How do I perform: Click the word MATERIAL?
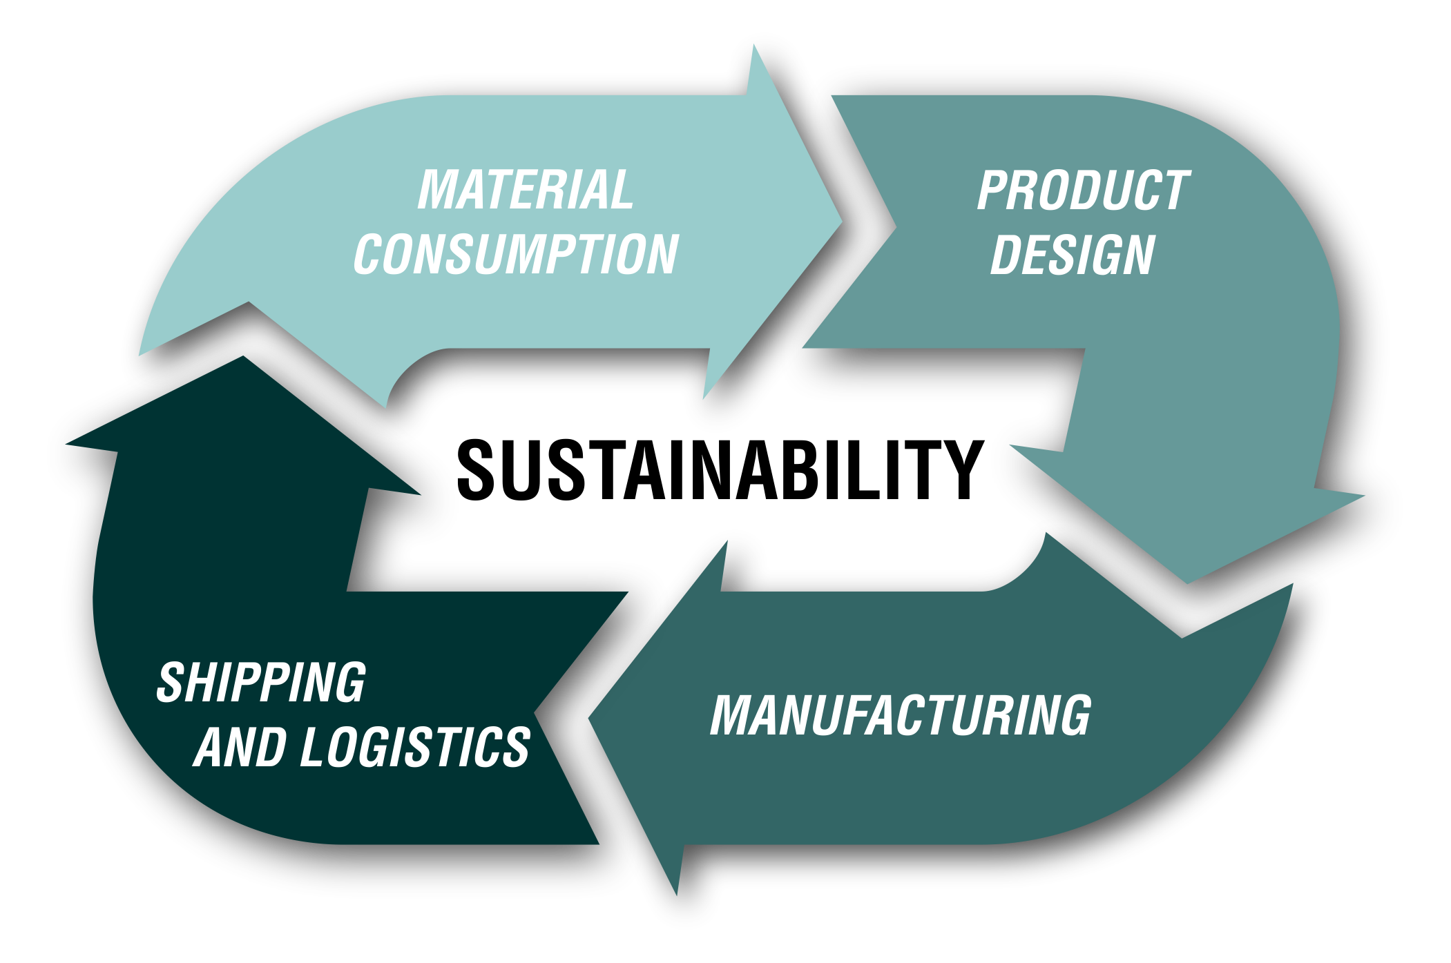[x=525, y=190]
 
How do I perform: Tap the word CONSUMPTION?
[x=516, y=254]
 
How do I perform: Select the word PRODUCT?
[x=1083, y=191]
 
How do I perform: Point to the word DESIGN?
[x=1073, y=255]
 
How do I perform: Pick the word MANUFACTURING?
[x=901, y=715]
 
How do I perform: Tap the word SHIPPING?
[x=261, y=683]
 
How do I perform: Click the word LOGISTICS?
[x=414, y=747]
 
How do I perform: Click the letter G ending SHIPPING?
[x=350, y=683]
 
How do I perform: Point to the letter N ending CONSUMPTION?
[x=662, y=254]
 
